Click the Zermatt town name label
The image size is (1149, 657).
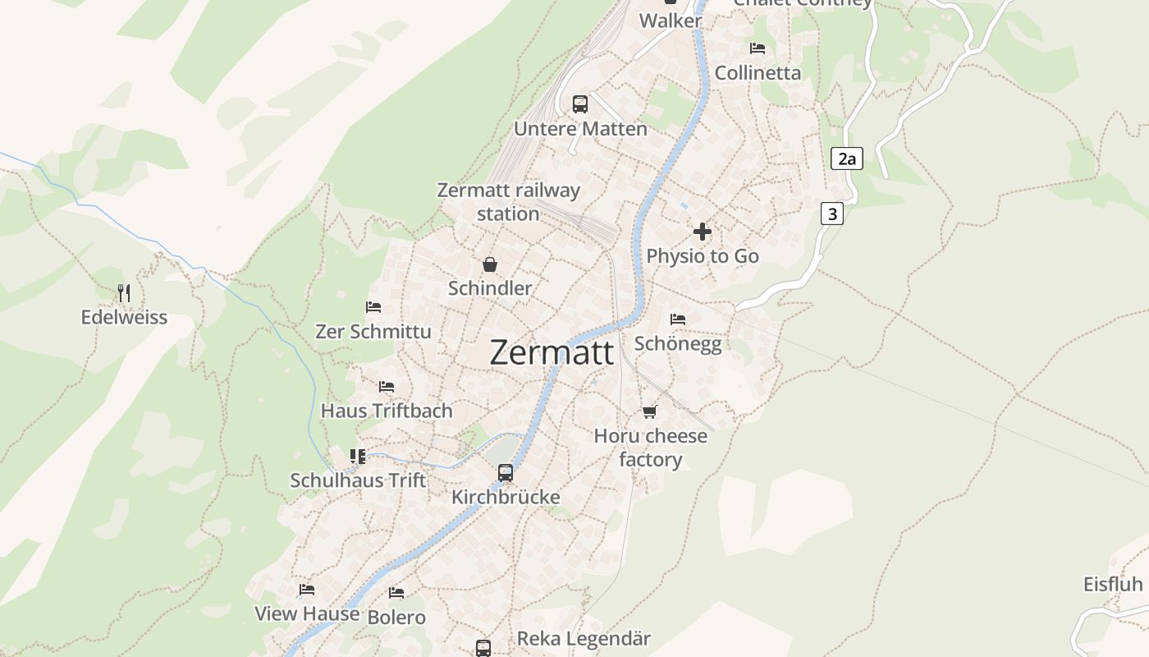[552, 352]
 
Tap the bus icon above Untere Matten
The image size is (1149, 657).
[580, 104]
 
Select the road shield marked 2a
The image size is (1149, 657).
[846, 159]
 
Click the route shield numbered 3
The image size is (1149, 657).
[832, 214]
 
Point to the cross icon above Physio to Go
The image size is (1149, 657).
[703, 232]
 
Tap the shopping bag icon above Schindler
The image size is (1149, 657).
[490, 264]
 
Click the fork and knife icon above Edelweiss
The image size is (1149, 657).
[124, 292]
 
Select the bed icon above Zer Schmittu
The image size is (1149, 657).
[373, 307]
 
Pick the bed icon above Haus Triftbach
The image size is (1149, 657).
[387, 386]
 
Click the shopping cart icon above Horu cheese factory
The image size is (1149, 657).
[650, 411]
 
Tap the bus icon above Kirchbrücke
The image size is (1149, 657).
[506, 473]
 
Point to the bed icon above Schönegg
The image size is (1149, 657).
[678, 319]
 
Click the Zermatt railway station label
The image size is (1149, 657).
[508, 202]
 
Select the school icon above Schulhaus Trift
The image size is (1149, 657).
[358, 456]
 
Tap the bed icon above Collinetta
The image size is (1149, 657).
[758, 48]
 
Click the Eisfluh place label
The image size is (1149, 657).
[1113, 585]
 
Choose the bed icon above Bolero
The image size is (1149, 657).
[396, 592]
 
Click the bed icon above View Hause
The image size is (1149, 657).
[307, 589]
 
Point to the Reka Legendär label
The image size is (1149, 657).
[584, 638]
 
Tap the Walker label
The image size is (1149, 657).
[671, 21]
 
